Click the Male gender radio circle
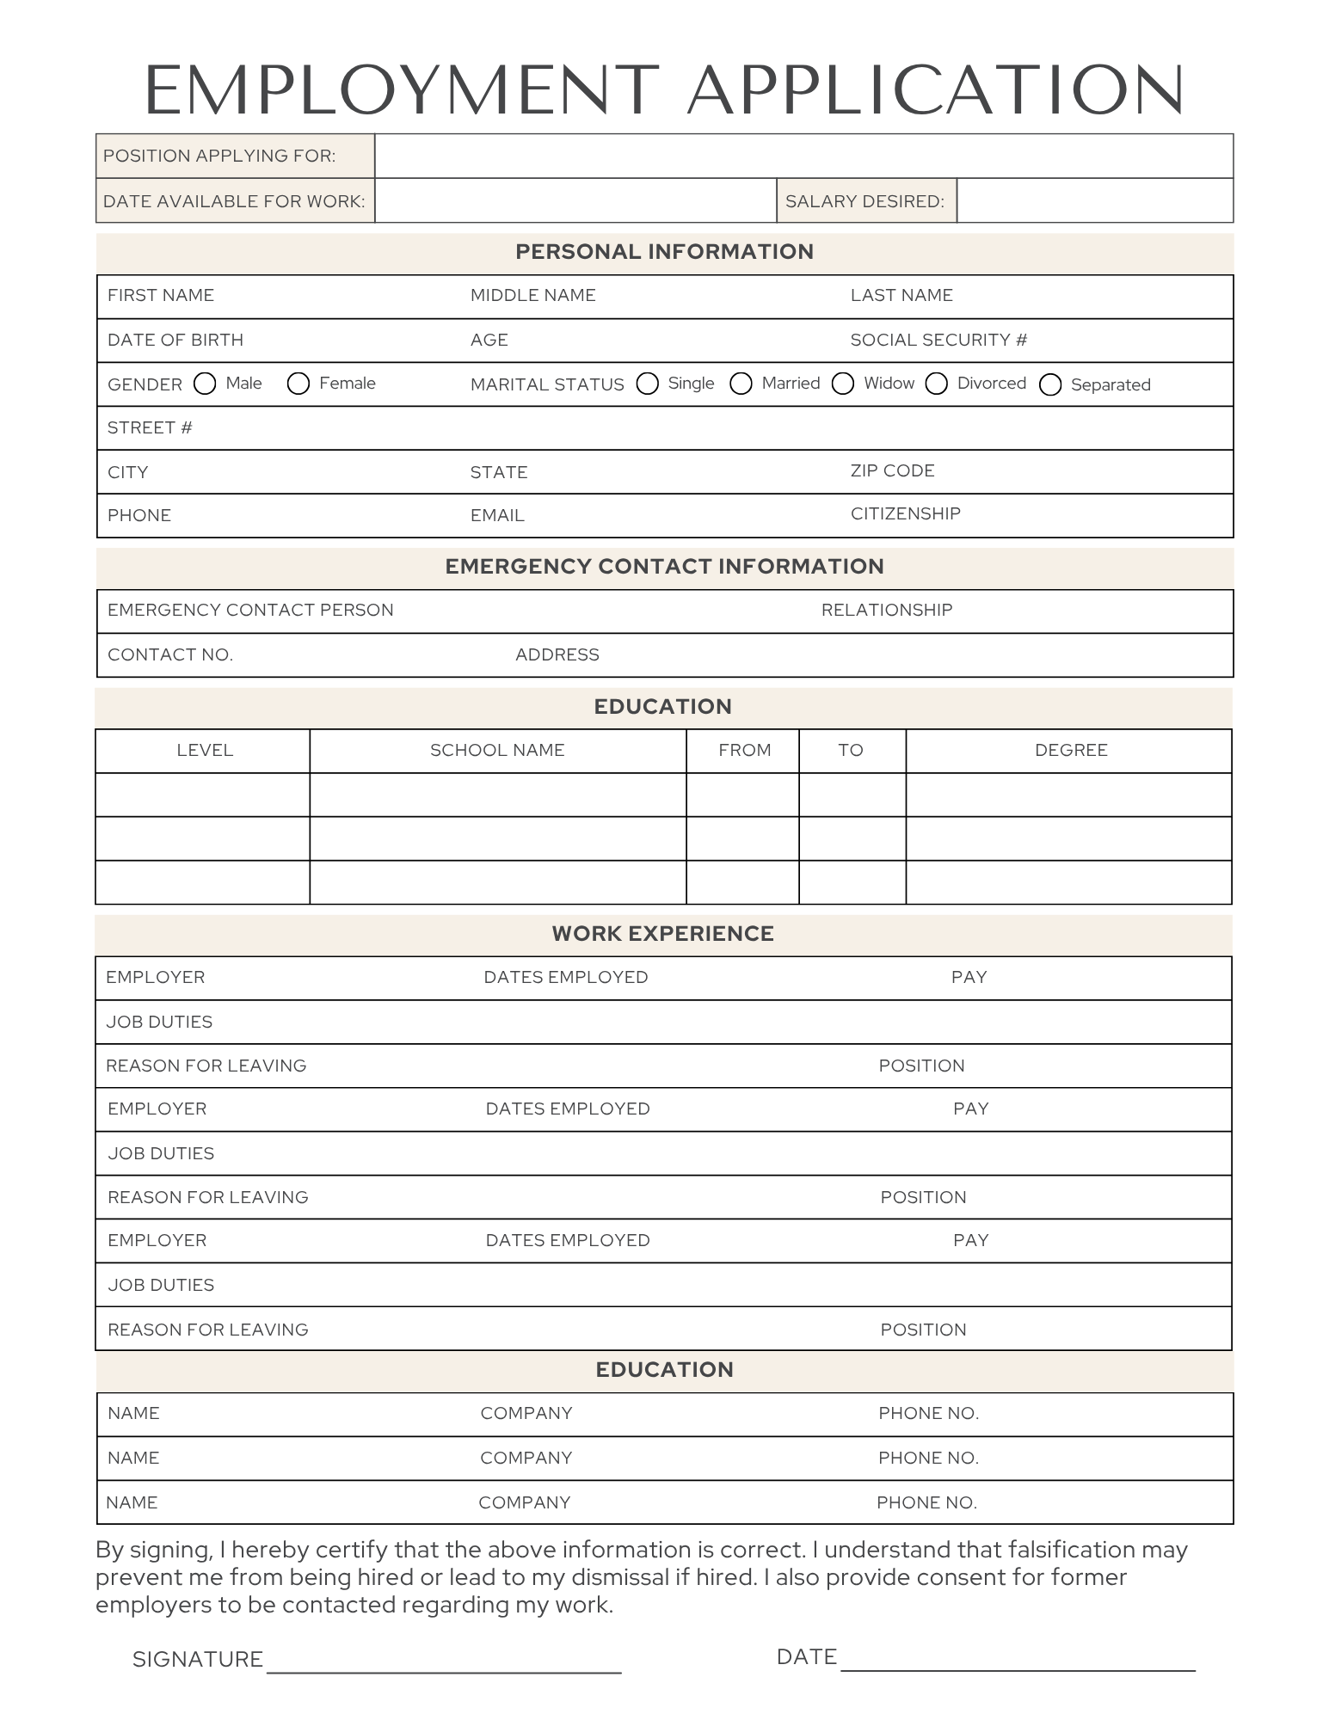[x=205, y=384]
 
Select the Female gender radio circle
[x=298, y=384]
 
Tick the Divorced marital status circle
[x=937, y=384]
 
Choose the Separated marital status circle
[x=1050, y=384]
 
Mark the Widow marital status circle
[x=843, y=384]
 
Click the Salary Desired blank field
[x=1094, y=201]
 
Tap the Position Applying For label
[x=219, y=156]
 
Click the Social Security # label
[x=938, y=340]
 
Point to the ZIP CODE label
[x=892, y=470]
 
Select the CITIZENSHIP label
[x=905, y=513]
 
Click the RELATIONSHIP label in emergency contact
[x=886, y=610]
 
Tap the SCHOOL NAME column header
[x=497, y=750]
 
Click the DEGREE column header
[x=1071, y=750]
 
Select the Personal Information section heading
[x=664, y=252]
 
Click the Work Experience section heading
[x=662, y=934]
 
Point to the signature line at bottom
[x=444, y=1671]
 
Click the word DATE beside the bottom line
[x=806, y=1657]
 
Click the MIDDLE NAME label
[x=532, y=295]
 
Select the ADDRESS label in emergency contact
[x=557, y=654]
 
